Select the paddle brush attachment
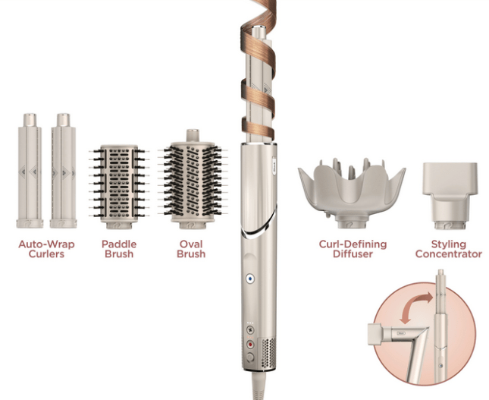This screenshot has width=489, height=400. click(x=118, y=184)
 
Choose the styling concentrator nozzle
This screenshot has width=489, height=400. click(x=449, y=194)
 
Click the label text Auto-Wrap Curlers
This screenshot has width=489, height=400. click(x=45, y=249)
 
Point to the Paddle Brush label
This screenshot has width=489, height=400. click(x=118, y=249)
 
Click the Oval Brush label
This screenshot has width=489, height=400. click(x=191, y=249)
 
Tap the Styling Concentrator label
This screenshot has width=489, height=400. click(x=448, y=249)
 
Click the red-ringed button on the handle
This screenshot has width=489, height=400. click(x=248, y=345)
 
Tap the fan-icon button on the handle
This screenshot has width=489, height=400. click(x=249, y=332)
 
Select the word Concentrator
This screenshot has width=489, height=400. click(x=448, y=254)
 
